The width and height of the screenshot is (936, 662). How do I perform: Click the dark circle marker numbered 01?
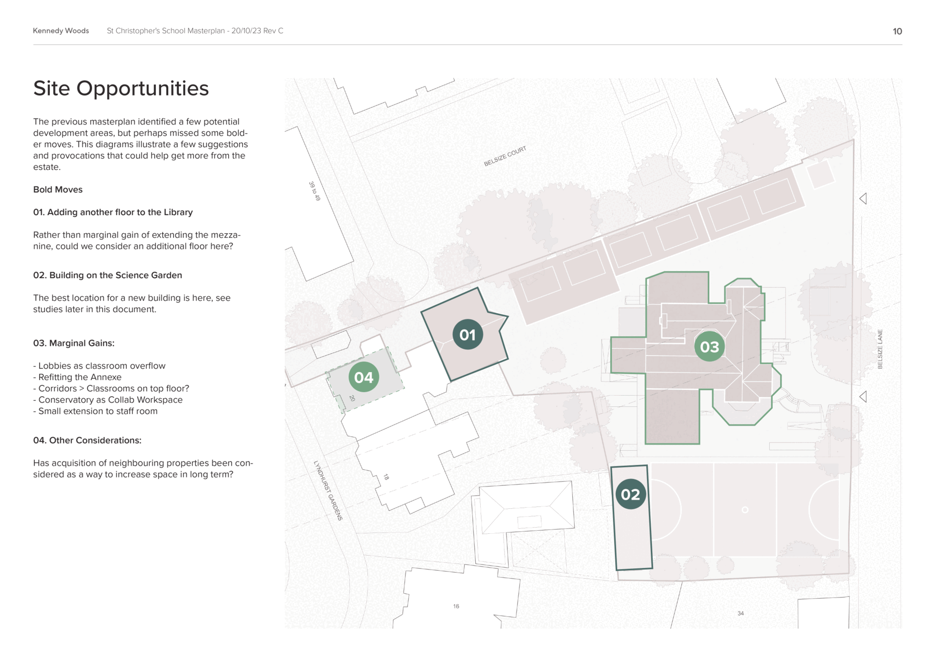[x=468, y=335]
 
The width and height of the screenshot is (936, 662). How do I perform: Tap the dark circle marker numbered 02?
[x=630, y=494]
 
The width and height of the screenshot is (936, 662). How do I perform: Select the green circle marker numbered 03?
[x=709, y=346]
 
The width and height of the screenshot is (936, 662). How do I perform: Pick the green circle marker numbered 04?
[x=364, y=377]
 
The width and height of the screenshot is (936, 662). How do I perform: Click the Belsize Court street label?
[x=505, y=156]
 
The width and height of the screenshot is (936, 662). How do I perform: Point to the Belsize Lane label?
[x=880, y=349]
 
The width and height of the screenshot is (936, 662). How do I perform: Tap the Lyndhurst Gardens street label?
[x=328, y=490]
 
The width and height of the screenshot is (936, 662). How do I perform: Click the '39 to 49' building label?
[x=314, y=191]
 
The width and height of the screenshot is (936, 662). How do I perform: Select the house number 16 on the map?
[x=456, y=606]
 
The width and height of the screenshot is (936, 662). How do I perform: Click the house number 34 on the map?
[x=741, y=613]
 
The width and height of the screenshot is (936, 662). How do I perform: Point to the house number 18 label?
[x=386, y=477]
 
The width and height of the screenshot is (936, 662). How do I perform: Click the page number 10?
[x=897, y=31]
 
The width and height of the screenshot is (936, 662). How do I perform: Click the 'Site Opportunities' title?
[x=121, y=88]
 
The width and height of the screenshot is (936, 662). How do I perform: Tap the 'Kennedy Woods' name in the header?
[x=61, y=31]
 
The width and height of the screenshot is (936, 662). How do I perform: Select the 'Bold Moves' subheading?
[x=58, y=189]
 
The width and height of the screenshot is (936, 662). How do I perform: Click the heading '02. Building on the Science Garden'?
[x=107, y=275]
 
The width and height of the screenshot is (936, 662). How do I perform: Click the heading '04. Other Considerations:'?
[x=87, y=440]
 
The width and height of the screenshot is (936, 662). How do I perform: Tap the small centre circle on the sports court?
[x=745, y=510]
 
